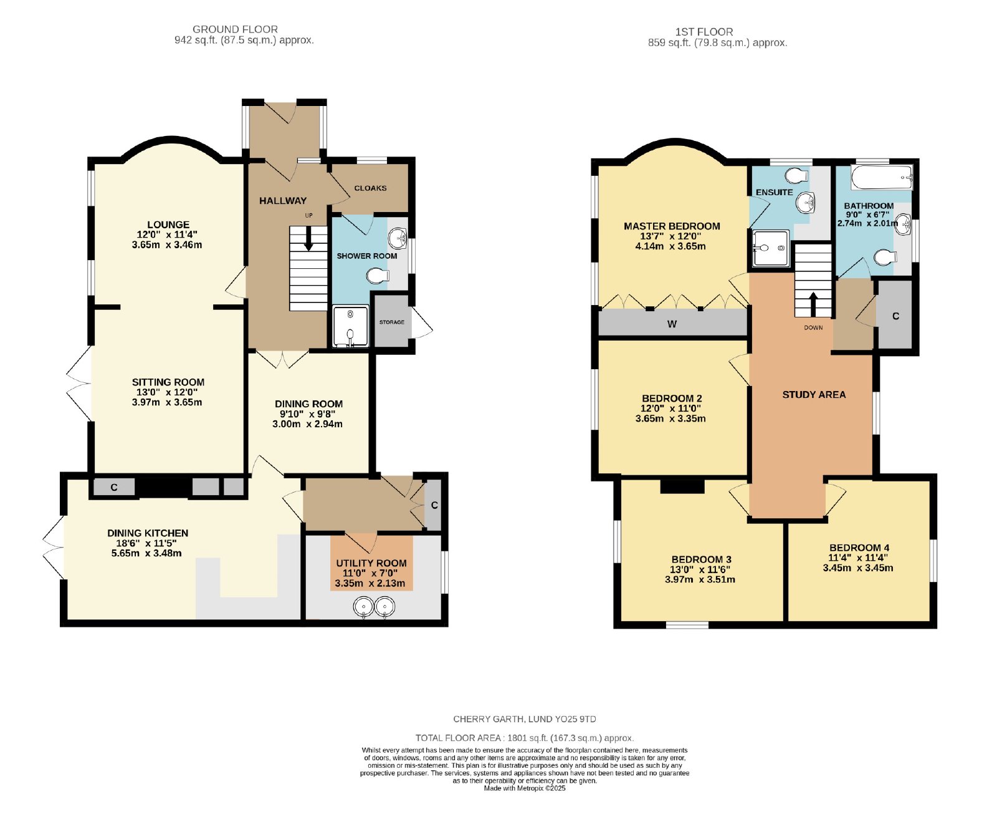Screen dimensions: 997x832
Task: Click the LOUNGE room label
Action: tap(168, 225)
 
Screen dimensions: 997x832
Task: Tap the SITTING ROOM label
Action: tap(168, 382)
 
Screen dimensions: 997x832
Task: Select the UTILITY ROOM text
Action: tap(371, 563)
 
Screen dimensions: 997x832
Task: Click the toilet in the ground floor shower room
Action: tap(378, 275)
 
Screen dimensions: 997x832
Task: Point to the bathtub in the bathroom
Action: tap(882, 177)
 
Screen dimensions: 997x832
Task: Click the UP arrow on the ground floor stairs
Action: tap(308, 238)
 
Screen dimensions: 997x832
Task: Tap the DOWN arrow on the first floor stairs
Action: tap(813, 304)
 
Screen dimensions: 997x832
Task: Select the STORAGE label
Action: tap(392, 322)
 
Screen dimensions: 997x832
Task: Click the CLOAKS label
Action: tap(370, 188)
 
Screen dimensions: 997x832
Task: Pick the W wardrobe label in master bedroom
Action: tap(672, 324)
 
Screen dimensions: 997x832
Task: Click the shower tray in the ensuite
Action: tap(771, 248)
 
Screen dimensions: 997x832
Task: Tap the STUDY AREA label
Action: tap(814, 395)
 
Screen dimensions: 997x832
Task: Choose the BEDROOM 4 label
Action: tap(859, 548)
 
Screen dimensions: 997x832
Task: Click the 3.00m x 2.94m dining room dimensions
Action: tap(307, 424)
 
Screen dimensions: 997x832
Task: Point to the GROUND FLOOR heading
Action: tap(235, 29)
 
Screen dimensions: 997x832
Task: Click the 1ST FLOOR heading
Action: tap(704, 32)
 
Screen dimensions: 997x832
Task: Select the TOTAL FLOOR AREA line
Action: tap(525, 738)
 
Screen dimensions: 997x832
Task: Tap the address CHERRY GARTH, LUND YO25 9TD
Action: tap(525, 719)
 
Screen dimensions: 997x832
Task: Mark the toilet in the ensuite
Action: tap(797, 174)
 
